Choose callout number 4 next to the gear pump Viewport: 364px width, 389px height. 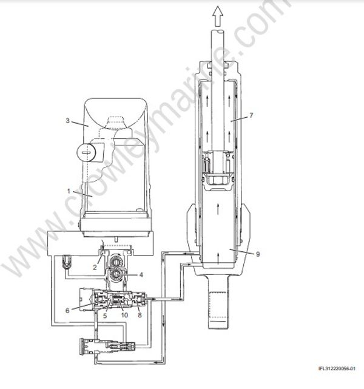point(141,274)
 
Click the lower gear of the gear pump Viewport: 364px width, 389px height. point(115,277)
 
